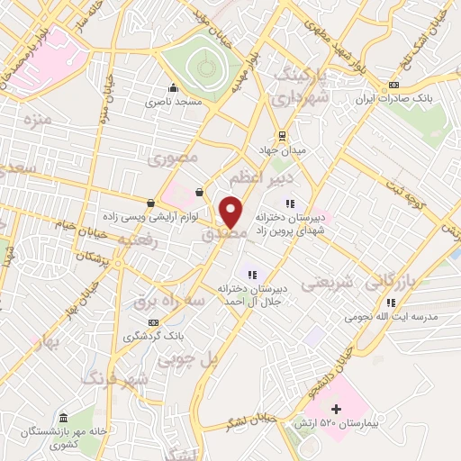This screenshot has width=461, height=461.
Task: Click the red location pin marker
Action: click(x=231, y=212)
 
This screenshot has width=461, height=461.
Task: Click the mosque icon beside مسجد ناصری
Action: click(x=173, y=88)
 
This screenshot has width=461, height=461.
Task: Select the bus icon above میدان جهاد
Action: click(x=283, y=135)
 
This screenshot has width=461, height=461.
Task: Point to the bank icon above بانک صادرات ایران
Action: click(x=393, y=86)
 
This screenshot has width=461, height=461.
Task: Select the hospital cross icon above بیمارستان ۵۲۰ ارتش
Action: click(x=337, y=411)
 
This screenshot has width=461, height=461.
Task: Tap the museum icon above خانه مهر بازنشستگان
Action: click(x=63, y=419)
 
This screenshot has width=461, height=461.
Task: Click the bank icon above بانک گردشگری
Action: click(x=153, y=321)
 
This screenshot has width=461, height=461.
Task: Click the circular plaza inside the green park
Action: click(x=205, y=66)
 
